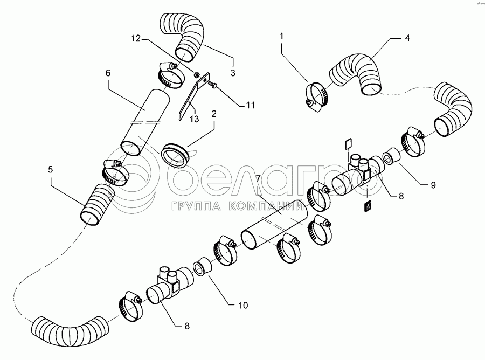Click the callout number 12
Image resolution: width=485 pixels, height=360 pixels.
click(136, 39)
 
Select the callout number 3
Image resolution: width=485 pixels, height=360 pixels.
click(233, 72)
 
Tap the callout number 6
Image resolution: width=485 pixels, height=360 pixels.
click(108, 73)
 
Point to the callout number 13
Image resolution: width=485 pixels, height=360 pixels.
click(194, 119)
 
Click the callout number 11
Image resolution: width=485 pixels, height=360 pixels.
click(250, 106)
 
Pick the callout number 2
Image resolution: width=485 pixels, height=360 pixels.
click(214, 114)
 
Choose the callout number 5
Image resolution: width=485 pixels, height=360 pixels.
click(51, 169)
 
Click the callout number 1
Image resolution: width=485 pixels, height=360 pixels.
click(281, 36)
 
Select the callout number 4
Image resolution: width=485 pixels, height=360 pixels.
click(407, 38)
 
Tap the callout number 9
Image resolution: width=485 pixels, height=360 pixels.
click(433, 185)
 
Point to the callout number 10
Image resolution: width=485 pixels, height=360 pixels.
click(243, 305)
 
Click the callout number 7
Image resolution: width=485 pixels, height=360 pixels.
click(258, 179)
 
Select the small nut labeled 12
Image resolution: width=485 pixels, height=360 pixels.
click(196, 74)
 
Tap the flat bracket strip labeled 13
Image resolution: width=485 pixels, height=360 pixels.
click(194, 95)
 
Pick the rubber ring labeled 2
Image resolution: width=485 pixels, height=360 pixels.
click(175, 155)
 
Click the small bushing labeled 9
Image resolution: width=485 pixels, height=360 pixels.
click(392, 156)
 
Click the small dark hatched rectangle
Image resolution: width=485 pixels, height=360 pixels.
click(367, 206)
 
